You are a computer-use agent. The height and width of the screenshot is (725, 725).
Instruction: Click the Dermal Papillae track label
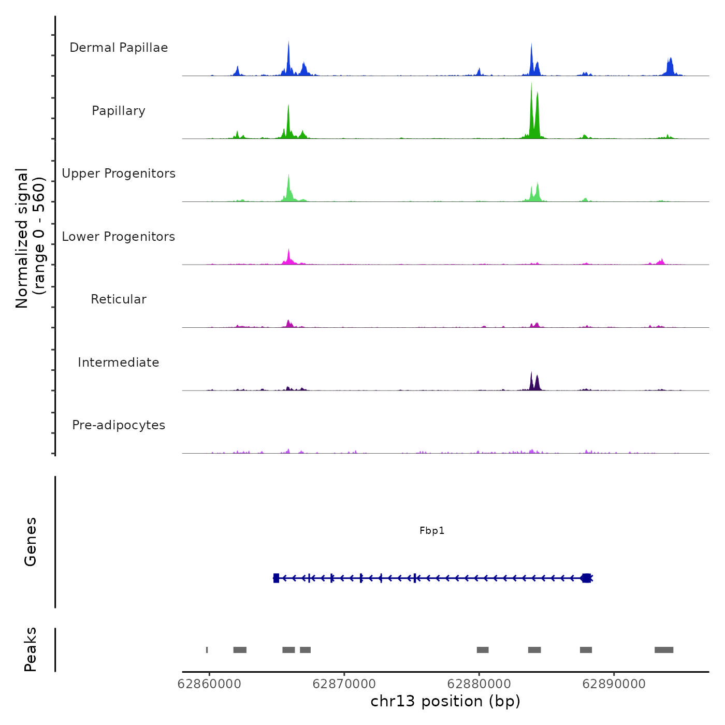tap(119, 48)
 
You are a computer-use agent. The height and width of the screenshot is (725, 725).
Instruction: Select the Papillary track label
tap(119, 111)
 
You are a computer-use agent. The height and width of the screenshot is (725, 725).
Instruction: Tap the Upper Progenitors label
tap(119, 173)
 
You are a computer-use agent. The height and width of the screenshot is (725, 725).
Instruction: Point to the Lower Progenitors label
tap(119, 237)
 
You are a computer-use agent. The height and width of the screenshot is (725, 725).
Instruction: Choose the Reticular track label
tap(119, 299)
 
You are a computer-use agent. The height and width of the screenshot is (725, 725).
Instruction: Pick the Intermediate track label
tap(119, 363)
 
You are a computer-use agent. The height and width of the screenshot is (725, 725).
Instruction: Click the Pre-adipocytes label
tap(119, 425)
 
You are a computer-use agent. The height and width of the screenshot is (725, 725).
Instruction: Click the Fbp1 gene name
tap(432, 531)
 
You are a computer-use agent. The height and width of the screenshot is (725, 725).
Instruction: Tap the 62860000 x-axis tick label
tap(209, 684)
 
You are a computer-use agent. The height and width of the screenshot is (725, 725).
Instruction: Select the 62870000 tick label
tap(344, 684)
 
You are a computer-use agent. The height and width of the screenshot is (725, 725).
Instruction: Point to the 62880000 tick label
tap(479, 684)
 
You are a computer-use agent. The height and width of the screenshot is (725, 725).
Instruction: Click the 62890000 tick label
tap(614, 684)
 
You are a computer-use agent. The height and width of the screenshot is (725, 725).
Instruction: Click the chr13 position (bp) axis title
tap(445, 701)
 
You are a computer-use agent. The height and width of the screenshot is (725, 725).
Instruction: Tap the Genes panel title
tap(31, 542)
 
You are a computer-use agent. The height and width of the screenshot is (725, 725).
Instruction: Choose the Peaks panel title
tap(31, 649)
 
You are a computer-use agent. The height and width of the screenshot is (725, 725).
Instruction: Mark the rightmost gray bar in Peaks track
tap(664, 650)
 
